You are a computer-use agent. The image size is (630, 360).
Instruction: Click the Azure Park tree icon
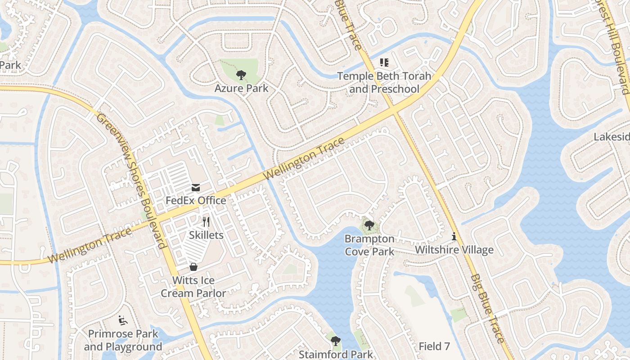point(241,75)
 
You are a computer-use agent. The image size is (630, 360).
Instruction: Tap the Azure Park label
point(241,88)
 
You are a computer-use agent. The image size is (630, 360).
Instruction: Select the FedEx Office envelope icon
point(196,188)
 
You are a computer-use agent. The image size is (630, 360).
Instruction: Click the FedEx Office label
point(196,200)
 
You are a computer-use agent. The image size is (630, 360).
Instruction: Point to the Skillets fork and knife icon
point(206,222)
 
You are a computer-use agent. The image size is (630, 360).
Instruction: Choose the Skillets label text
point(206,235)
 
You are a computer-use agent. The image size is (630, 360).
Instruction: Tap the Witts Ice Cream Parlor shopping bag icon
point(193,267)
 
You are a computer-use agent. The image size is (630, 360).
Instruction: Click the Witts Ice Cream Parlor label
point(193,287)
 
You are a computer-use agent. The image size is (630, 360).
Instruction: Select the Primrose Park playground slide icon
point(123,321)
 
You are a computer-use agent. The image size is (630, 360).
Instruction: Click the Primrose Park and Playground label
point(123,340)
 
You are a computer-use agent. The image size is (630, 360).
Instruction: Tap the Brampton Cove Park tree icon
point(369,225)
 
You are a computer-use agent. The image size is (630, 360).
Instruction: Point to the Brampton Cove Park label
point(369,245)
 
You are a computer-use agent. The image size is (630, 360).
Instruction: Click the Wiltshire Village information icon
point(454,236)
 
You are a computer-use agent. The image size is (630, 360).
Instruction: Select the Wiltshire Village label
point(454,250)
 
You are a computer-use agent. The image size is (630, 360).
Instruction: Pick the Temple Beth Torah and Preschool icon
point(384,63)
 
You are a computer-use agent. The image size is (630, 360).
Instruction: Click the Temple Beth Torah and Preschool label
point(384,82)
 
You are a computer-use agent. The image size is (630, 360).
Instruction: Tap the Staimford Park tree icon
point(335,341)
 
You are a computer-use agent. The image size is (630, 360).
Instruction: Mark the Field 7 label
point(434,346)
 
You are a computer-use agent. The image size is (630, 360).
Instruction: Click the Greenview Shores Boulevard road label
point(130,180)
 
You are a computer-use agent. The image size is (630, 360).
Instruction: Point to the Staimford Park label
point(336,354)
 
